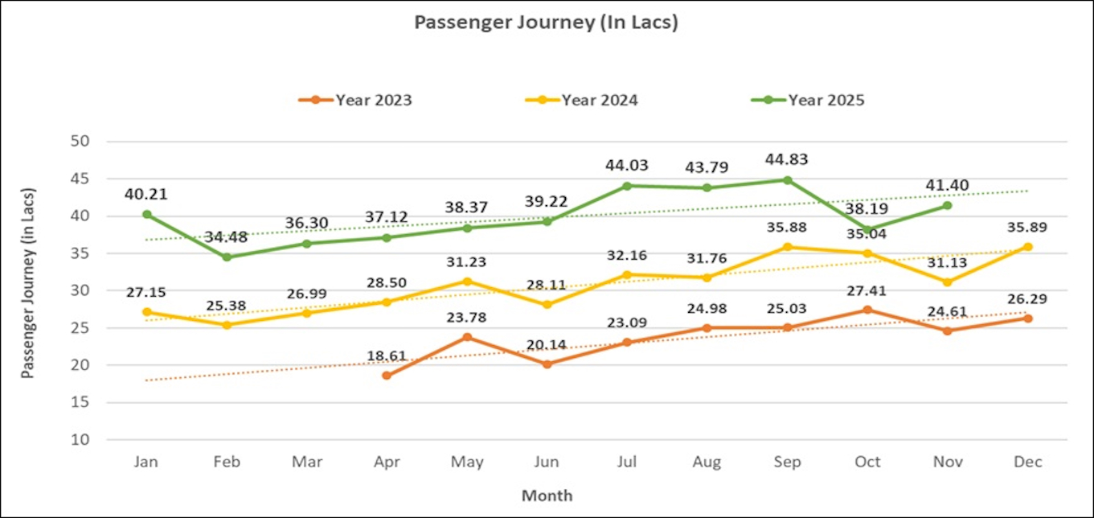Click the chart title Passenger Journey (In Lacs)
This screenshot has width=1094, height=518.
546,23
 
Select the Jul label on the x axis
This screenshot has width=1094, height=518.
627,462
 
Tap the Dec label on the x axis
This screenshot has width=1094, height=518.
1027,462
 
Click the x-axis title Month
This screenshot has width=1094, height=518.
547,495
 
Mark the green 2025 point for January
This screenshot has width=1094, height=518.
146,214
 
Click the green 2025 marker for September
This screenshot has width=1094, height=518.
788,180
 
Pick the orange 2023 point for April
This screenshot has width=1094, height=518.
387,376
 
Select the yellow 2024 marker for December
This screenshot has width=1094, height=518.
1028,247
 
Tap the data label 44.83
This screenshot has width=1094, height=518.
788,160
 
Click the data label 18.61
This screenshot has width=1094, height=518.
387,355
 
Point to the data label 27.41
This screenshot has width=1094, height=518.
867,289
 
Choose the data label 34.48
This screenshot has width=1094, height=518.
227,237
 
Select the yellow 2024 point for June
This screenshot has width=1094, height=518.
547,305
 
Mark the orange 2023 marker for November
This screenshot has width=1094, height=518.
948,331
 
